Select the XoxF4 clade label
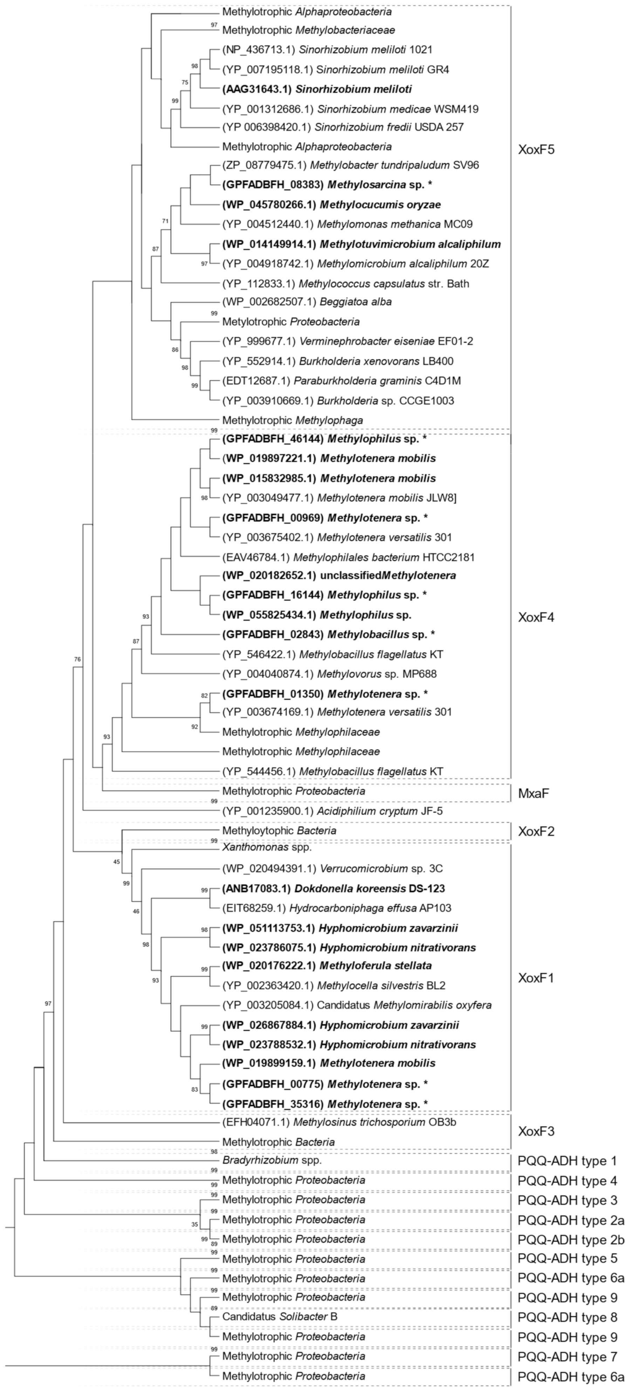point(536,617)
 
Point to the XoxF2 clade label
point(536,831)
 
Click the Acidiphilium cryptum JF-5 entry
point(332,811)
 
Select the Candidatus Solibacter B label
point(280,1317)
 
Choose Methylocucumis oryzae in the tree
point(331,205)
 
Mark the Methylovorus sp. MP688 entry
point(329,674)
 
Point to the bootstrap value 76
point(77,659)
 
